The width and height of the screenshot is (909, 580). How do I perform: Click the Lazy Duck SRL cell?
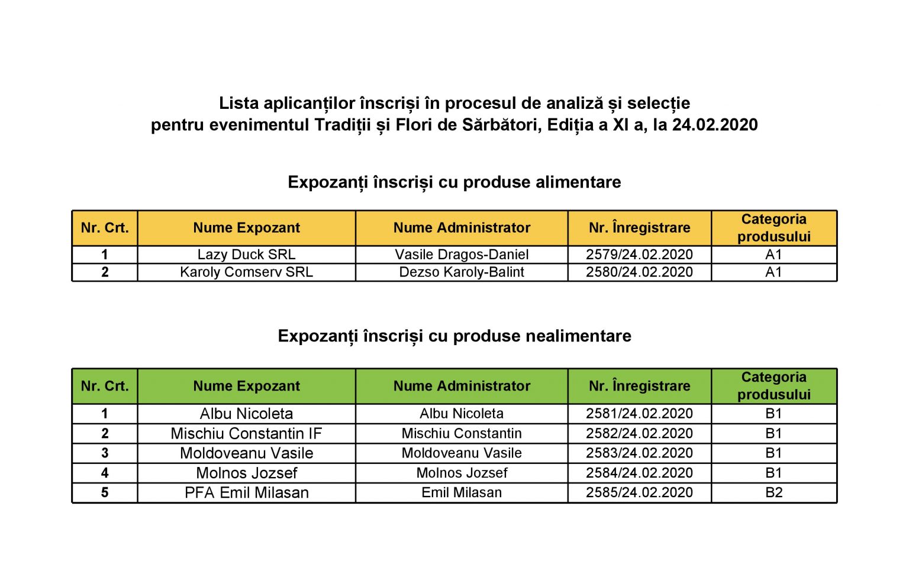tap(246, 254)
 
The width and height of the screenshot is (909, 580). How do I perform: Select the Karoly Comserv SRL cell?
tap(246, 272)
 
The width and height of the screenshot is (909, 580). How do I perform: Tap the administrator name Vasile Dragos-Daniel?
tap(462, 254)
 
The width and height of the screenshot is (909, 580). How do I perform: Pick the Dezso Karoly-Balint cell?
tap(462, 272)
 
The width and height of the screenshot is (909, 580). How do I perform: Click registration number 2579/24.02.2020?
tap(639, 254)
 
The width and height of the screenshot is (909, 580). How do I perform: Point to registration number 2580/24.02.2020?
tap(639, 272)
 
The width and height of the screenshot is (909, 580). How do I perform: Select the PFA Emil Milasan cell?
tap(246, 492)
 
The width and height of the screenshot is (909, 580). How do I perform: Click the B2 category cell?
tap(773, 492)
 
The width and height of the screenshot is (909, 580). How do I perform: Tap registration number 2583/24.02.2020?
tap(639, 453)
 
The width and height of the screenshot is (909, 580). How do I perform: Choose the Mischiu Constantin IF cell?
tap(246, 433)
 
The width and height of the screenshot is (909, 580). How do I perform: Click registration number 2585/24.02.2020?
tap(639, 492)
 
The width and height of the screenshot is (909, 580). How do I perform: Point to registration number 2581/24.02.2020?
tap(639, 413)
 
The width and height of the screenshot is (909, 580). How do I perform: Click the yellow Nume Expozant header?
tap(246, 228)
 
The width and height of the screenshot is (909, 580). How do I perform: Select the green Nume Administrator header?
tap(462, 386)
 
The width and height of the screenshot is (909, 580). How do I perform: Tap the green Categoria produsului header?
tap(773, 386)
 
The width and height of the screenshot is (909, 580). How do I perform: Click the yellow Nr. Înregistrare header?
tap(639, 228)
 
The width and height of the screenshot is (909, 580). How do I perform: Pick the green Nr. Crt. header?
tap(105, 386)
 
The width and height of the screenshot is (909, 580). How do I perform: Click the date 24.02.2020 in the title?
tap(714, 125)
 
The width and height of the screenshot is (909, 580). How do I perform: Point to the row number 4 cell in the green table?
tap(105, 473)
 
